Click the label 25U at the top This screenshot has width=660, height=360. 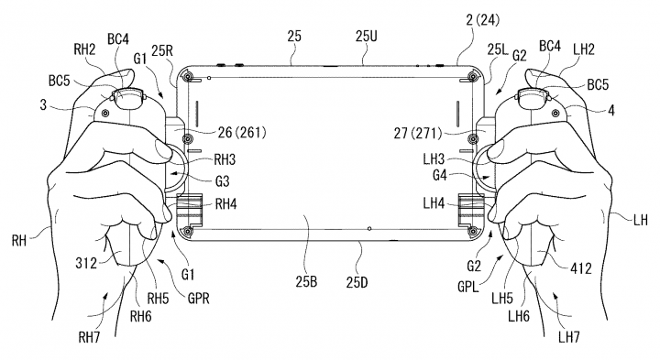click(x=366, y=37)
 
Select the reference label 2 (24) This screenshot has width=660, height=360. click(x=483, y=20)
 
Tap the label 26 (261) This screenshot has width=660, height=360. click(x=242, y=133)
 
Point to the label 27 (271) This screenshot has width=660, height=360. click(x=418, y=134)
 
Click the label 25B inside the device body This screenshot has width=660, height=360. click(x=306, y=281)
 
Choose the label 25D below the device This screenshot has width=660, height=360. click(x=357, y=282)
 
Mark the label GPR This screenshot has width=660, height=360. click(x=198, y=299)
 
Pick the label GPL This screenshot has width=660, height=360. click(x=468, y=287)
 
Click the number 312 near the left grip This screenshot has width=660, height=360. click(x=86, y=264)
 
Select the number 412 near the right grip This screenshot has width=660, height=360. click(x=581, y=267)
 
